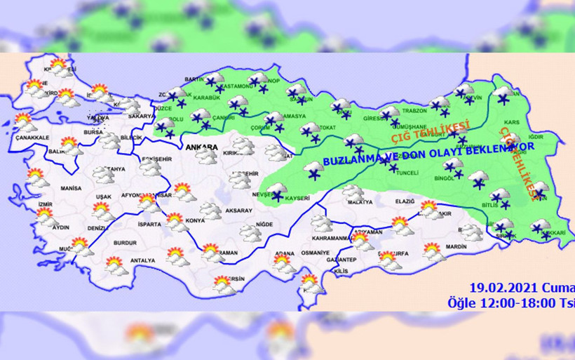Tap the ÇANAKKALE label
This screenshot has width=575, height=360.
coord(29,138)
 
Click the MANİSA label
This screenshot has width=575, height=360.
coord(71,189)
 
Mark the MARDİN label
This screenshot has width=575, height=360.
coord(456,246)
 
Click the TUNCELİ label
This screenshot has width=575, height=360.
coord(407,172)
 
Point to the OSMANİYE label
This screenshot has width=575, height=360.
coord(315,253)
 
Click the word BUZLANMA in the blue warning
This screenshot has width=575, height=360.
coord(349,161)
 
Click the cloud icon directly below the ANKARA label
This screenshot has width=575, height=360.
coord(206,159)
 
